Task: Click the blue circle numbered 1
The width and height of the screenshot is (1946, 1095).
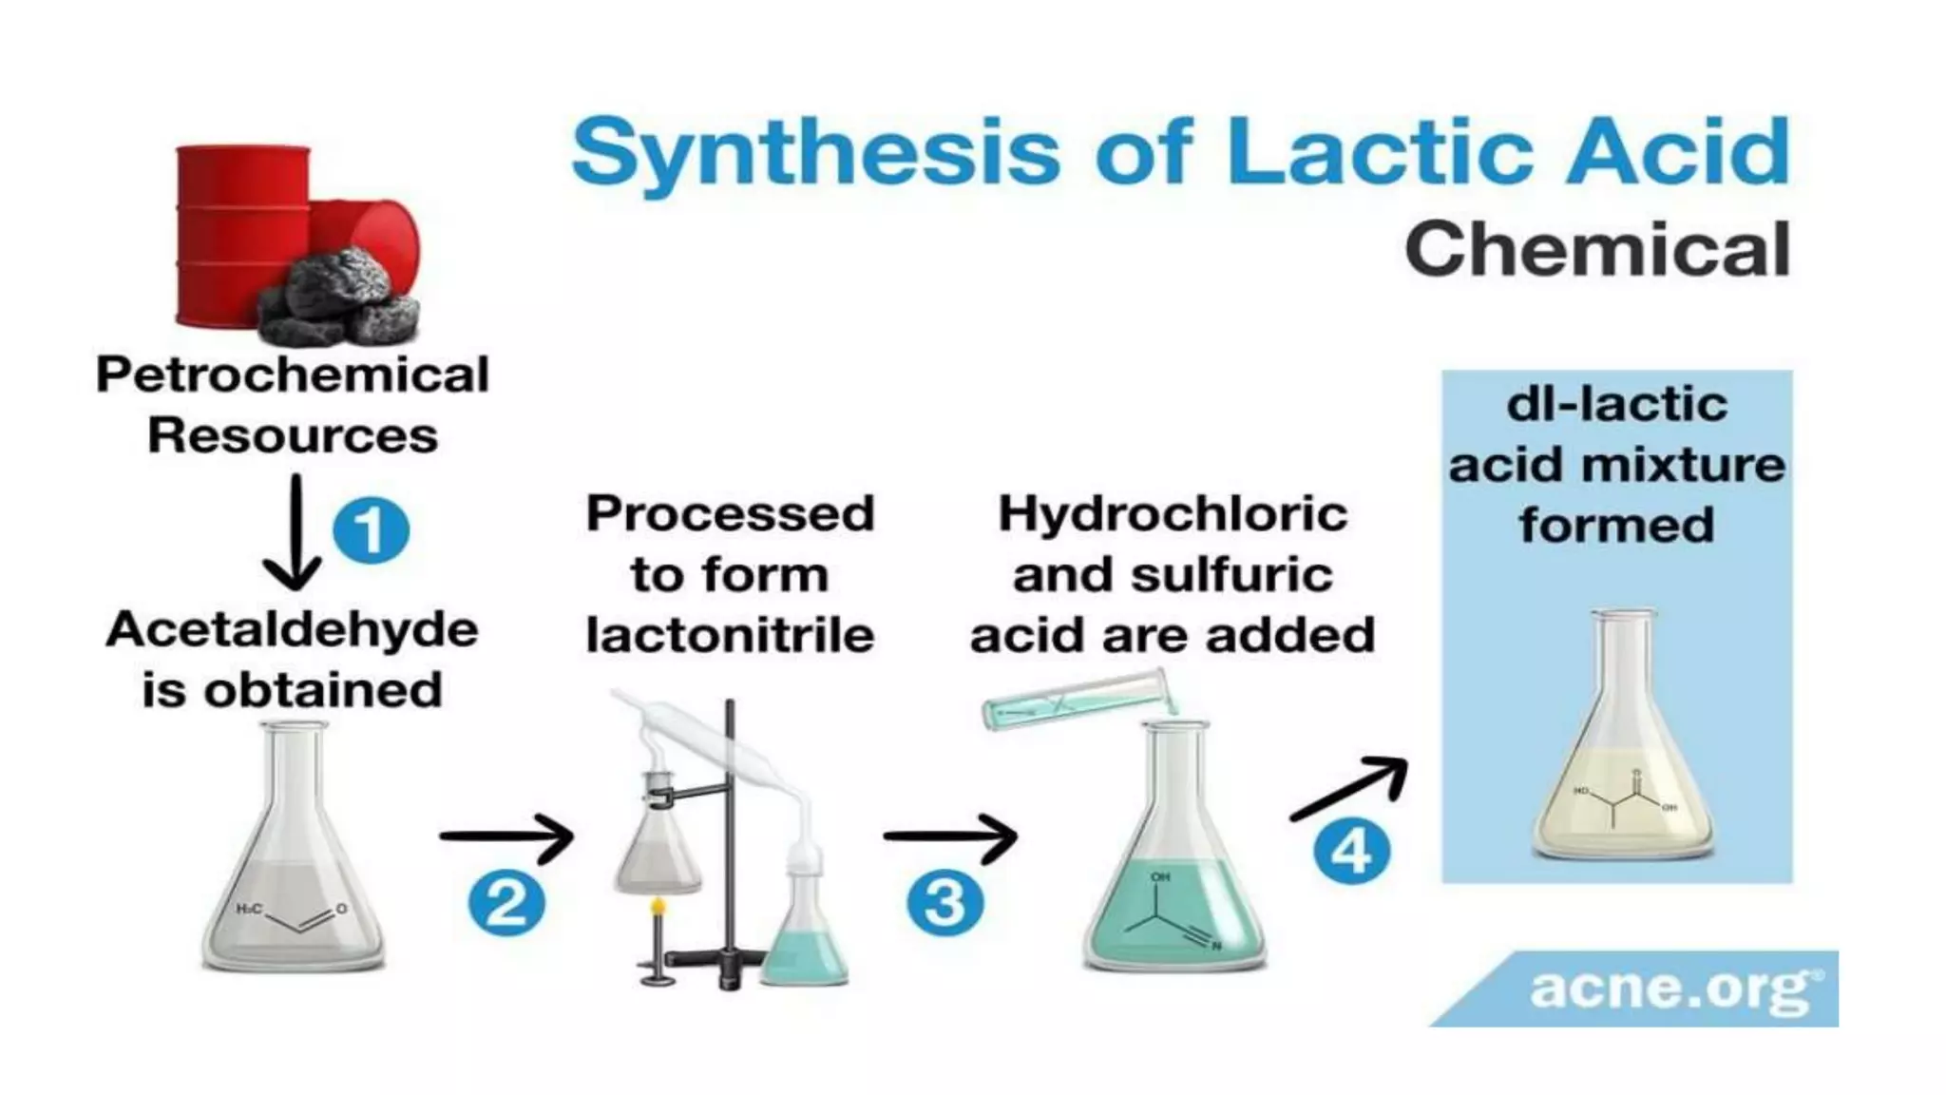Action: [371, 530]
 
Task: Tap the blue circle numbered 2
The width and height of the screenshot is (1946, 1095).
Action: [506, 902]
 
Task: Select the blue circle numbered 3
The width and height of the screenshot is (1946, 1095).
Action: [944, 902]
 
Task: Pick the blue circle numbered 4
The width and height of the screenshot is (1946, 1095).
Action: [1351, 851]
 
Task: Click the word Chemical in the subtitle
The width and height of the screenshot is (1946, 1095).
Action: [1597, 249]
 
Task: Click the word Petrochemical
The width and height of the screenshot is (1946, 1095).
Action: [293, 375]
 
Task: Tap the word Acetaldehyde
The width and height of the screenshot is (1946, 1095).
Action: [292, 630]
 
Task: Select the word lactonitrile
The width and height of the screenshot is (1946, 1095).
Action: [730, 635]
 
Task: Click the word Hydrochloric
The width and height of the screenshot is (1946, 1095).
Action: [1173, 514]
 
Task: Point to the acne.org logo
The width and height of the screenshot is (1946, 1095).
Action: [1672, 989]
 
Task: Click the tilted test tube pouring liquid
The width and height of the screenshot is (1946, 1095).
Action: [1078, 701]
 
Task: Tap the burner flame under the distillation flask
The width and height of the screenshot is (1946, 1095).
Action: [656, 907]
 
